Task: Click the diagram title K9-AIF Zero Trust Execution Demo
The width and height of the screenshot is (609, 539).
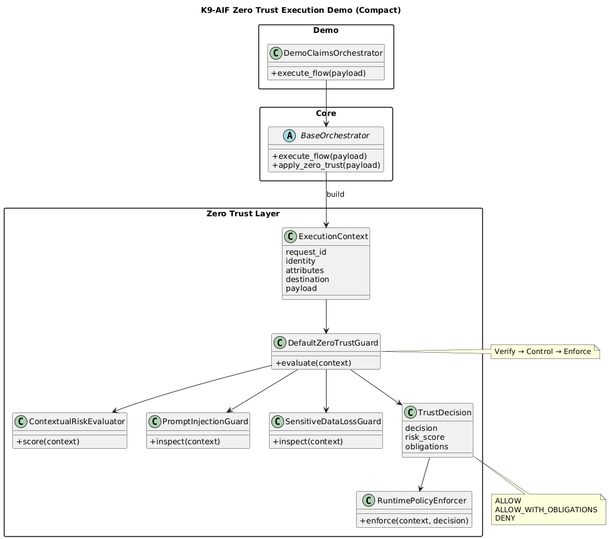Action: [x=304, y=10]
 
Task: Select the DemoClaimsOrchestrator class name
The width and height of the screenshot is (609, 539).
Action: [x=333, y=54]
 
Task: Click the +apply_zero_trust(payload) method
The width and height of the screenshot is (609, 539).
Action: [x=326, y=165]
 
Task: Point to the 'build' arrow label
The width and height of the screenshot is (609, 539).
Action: [x=335, y=194]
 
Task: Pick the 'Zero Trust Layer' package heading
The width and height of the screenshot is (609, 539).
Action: [x=243, y=213]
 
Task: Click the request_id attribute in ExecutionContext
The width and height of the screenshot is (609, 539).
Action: [x=306, y=251]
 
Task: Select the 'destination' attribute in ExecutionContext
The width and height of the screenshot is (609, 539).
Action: [x=307, y=279]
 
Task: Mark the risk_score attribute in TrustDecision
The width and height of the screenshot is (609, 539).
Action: [x=425, y=437]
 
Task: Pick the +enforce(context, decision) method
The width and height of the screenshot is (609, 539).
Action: [x=414, y=521]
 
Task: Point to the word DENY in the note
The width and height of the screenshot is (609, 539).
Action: [x=505, y=518]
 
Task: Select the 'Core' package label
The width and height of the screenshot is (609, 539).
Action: [x=326, y=113]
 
